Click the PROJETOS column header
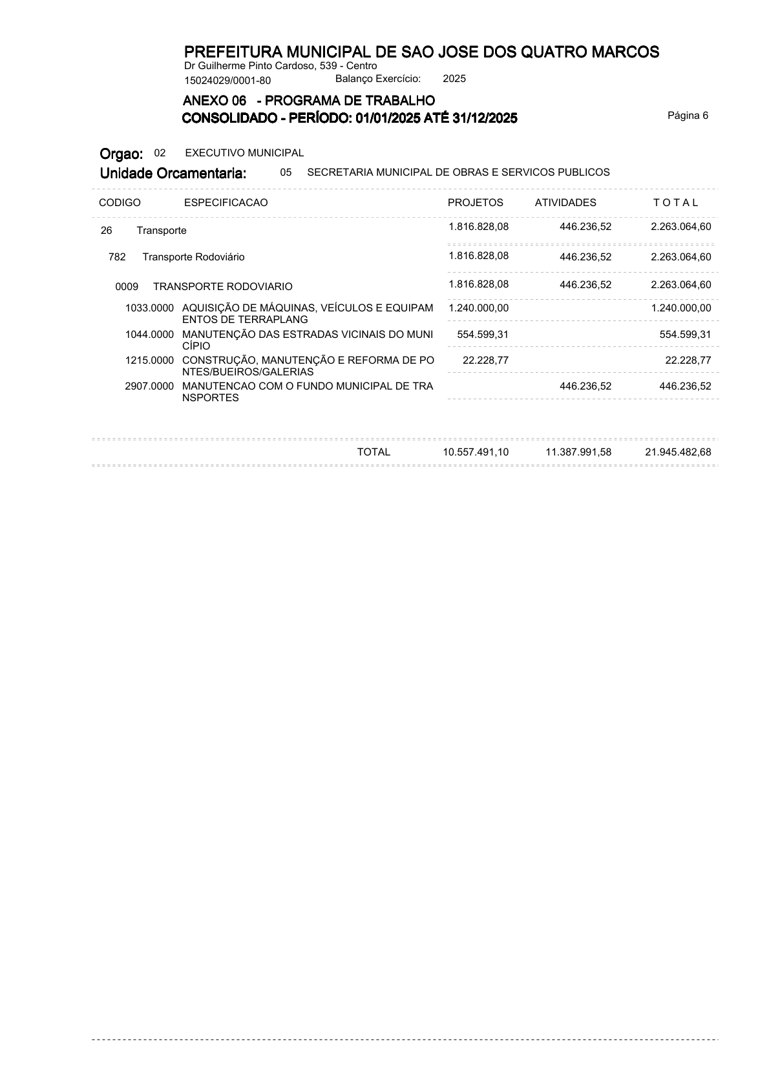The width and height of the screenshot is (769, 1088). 475,202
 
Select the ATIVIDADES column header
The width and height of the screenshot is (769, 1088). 565,202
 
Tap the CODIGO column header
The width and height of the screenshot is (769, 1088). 120,202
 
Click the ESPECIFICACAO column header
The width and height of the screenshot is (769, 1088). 226,202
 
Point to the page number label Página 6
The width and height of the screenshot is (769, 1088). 688,116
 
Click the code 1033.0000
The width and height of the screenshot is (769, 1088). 149,308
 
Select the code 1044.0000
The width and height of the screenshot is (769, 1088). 149,335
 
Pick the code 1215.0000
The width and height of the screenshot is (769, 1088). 149,361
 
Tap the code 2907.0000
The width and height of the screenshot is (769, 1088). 149,386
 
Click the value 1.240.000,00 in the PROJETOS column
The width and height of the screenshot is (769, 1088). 478,308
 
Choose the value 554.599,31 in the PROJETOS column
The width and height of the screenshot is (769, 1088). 483,335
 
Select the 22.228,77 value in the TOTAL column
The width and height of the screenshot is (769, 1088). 688,361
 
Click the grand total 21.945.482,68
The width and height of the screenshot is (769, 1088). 678,452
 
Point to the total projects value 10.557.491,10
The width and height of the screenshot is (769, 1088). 476,452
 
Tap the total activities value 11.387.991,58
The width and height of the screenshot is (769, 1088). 578,452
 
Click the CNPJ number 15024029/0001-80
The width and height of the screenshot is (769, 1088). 227,81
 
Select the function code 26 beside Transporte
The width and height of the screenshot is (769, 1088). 106,231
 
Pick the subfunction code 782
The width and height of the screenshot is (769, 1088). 117,257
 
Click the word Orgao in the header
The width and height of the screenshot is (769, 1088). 121,154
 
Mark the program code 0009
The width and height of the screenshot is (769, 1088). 127,286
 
